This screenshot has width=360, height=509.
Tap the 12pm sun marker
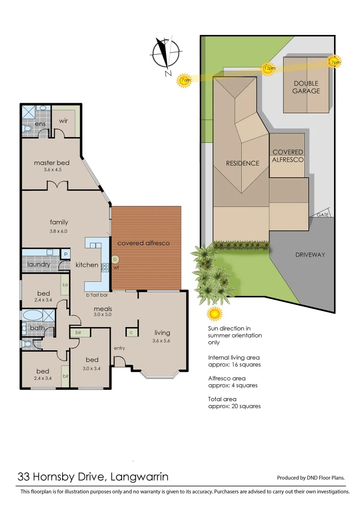tap(269, 68)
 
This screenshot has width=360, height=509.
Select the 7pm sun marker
tap(335, 62)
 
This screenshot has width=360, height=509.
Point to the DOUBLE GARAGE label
tap(306, 87)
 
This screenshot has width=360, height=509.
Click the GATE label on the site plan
tap(323, 214)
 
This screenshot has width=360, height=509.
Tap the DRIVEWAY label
tap(310, 254)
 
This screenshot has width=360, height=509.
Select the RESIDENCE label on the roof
tap(243, 164)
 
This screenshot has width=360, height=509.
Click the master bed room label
tap(51, 163)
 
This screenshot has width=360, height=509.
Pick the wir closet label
tap(64, 121)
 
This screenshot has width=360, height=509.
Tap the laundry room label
tap(39, 264)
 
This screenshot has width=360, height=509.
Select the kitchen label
tap(87, 265)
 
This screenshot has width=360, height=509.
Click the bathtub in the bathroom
tap(32, 315)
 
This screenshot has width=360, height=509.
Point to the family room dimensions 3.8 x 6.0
tap(59, 231)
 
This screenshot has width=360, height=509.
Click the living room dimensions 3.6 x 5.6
tap(162, 341)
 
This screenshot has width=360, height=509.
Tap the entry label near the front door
tap(120, 348)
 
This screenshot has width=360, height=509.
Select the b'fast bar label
tap(97, 296)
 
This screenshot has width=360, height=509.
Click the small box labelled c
tap(131, 332)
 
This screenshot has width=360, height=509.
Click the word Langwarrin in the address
tap(139, 476)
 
